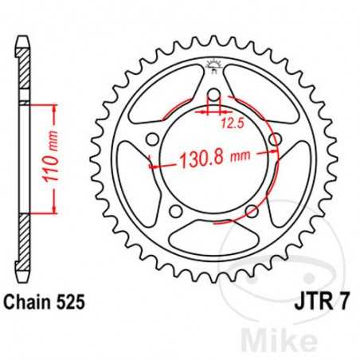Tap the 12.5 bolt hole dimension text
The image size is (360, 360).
pos(232,123)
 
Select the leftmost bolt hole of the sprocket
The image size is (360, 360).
pos(151,142)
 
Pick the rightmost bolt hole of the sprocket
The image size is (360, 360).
pos(275,142)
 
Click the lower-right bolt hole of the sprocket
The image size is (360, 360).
pos(252,211)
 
